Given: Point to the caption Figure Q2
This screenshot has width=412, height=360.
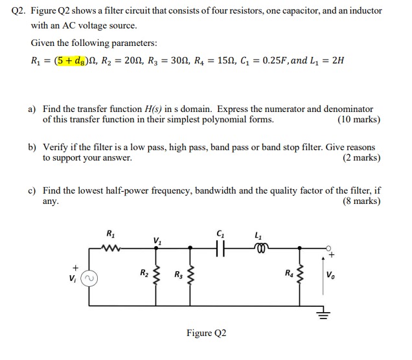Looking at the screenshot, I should (206, 333).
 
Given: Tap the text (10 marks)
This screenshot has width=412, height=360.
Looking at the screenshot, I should (359, 120).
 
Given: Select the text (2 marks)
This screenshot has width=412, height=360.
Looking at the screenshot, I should (361, 158).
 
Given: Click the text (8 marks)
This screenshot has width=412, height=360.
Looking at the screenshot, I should (361, 201).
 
